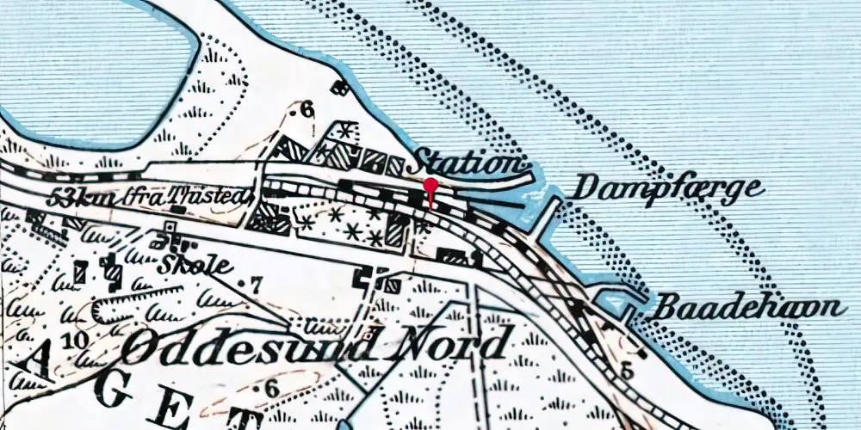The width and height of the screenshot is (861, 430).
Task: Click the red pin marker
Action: [430, 187]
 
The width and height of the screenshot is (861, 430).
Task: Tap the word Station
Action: [468, 162]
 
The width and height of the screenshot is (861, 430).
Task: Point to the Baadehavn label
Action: [746, 308]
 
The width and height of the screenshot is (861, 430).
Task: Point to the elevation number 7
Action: [255, 283]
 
